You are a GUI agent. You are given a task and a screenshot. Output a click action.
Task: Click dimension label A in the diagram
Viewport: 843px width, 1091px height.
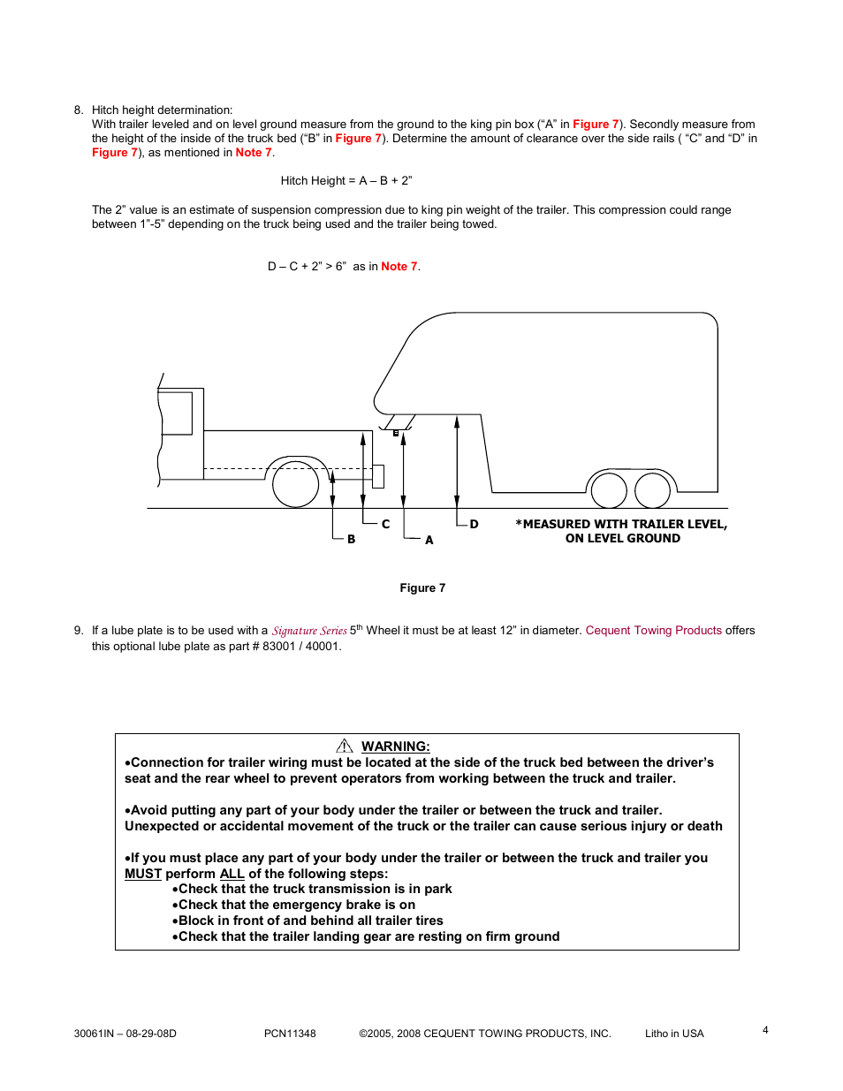(x=429, y=540)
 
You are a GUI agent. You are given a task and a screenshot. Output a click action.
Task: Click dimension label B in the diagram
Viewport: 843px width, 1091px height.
(x=351, y=539)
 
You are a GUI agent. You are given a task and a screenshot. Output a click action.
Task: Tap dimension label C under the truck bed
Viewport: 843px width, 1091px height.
(x=385, y=524)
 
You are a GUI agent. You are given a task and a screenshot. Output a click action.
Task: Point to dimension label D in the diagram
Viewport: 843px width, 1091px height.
(x=474, y=524)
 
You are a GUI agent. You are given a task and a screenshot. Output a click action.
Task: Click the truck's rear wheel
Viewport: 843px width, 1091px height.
(x=295, y=483)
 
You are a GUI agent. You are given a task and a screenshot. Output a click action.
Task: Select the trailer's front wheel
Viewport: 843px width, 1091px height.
(x=609, y=490)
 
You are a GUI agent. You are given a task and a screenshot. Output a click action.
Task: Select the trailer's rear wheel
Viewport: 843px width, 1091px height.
(x=652, y=490)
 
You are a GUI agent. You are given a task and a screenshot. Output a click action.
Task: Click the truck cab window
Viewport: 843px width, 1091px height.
(x=176, y=413)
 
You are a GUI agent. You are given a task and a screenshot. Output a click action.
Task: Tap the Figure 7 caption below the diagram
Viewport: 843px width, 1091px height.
(x=422, y=588)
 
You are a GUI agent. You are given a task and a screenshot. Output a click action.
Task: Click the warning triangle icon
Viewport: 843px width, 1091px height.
(x=345, y=746)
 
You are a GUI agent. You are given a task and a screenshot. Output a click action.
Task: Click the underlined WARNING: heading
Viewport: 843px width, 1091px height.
(x=395, y=746)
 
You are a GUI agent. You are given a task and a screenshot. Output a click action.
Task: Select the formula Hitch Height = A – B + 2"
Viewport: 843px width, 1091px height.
(x=346, y=181)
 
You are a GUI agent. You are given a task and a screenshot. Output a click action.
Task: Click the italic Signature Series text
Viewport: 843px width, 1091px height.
(x=309, y=631)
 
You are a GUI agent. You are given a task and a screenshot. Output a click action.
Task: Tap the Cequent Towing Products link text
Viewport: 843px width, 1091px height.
(x=653, y=631)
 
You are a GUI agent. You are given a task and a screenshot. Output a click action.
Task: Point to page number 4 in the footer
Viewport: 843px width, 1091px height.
(x=765, y=1030)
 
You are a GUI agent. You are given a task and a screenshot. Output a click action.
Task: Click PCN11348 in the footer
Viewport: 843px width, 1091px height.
(x=290, y=1034)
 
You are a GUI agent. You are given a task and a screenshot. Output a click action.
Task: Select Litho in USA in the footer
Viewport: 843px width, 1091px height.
(x=674, y=1034)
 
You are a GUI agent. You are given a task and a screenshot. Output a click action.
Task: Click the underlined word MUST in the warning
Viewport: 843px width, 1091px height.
(x=142, y=874)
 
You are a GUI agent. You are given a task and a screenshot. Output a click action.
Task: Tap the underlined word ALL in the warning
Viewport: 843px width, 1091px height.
(x=232, y=874)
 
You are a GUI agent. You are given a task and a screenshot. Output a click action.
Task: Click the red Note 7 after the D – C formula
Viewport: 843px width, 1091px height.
(x=399, y=267)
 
